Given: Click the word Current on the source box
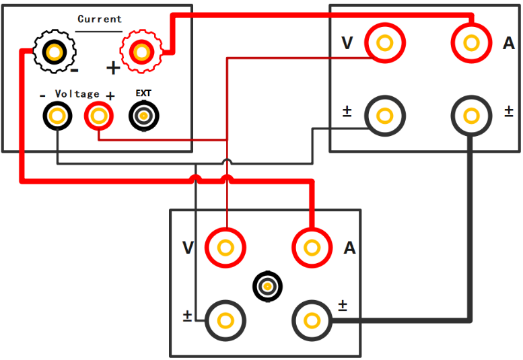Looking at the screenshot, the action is [x=100, y=19].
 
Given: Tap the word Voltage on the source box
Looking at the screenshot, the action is [x=77, y=94].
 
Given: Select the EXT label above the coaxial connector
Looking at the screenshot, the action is [x=143, y=94].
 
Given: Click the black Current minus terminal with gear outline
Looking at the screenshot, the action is [x=55, y=52].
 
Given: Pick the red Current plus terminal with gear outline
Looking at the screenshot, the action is [x=142, y=52].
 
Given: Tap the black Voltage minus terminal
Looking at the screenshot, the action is [x=57, y=116].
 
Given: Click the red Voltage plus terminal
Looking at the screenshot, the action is [x=99, y=116].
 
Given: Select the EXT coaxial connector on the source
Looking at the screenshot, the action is [x=144, y=116].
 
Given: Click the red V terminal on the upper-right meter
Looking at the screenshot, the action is [x=385, y=42].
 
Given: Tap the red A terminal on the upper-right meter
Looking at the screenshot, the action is [x=472, y=42].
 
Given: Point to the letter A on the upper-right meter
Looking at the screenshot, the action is [x=509, y=43].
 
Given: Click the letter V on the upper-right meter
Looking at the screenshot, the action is [x=347, y=43].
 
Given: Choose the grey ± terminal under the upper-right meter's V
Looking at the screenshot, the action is [x=385, y=116].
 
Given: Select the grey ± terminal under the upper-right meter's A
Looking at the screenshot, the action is [x=472, y=116].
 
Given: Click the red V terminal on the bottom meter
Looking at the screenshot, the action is [x=225, y=248].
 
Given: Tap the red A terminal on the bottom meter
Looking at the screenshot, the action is [x=312, y=248].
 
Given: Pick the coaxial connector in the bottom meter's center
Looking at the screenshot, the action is [x=267, y=287].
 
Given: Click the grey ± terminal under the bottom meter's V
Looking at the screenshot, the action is [x=225, y=321].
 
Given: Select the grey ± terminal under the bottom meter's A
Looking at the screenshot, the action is [x=312, y=321].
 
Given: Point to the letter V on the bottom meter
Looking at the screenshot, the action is [x=188, y=248].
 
